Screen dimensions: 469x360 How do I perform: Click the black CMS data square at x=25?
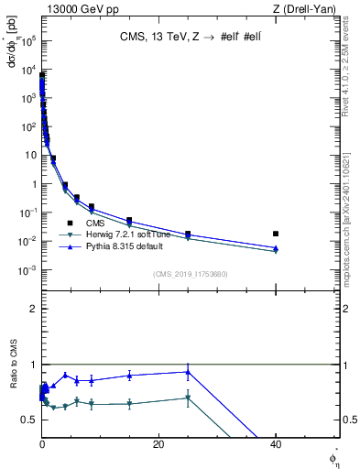click(188, 234)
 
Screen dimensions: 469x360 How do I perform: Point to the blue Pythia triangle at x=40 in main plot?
click(276, 248)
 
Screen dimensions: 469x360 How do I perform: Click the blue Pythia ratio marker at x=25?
click(188, 372)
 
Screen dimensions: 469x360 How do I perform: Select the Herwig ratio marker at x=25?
click(188, 398)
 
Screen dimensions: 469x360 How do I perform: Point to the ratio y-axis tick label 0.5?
click(32, 420)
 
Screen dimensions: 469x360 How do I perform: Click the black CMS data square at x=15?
click(129, 221)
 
